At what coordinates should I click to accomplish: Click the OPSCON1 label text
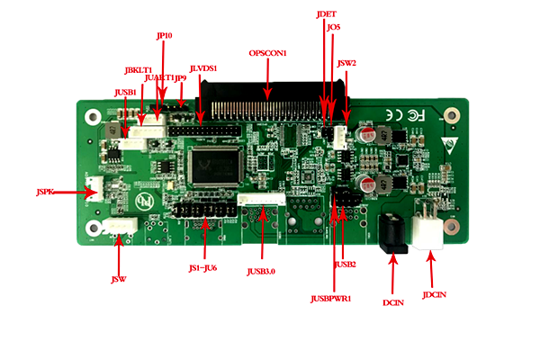(267, 53)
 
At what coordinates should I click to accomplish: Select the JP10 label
(164, 36)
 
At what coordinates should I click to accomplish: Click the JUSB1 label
(125, 92)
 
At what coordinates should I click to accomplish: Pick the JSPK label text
(46, 192)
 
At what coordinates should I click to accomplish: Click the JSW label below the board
(118, 280)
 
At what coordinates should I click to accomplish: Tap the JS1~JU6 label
(202, 268)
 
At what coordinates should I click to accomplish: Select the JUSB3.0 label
(262, 270)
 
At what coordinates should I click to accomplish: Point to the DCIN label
(393, 302)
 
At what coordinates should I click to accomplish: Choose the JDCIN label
(434, 293)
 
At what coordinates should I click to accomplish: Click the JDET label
(326, 15)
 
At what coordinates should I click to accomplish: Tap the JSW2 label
(346, 64)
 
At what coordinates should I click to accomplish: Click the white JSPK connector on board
(94, 191)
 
